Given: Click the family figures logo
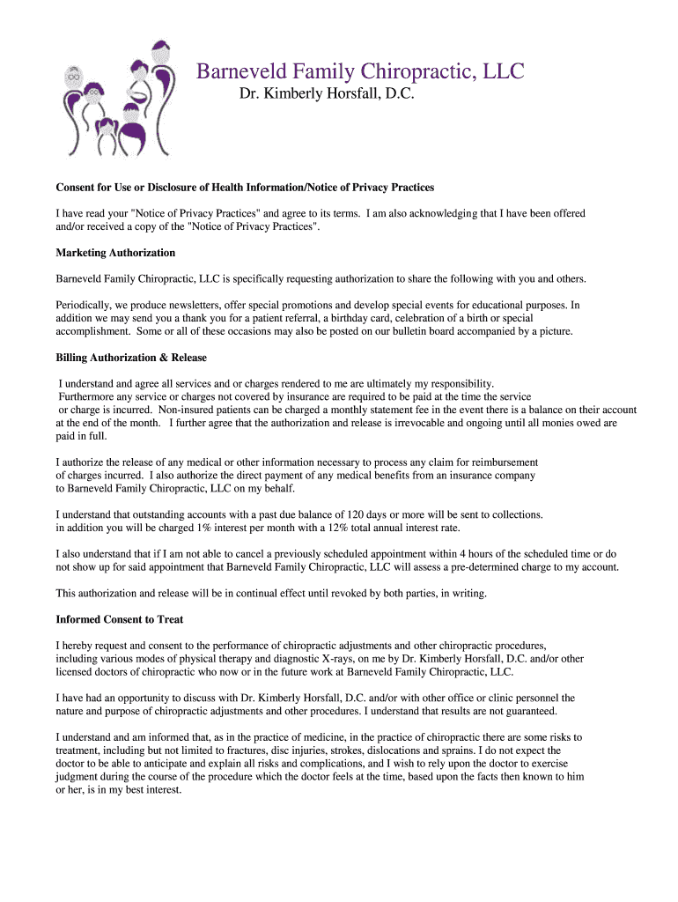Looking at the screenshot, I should (114, 98).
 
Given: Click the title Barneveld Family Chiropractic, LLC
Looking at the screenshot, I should (359, 70).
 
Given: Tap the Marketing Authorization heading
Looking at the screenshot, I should (115, 253).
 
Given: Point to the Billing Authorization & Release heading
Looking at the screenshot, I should (131, 358).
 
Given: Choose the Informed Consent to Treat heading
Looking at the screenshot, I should (119, 619).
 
